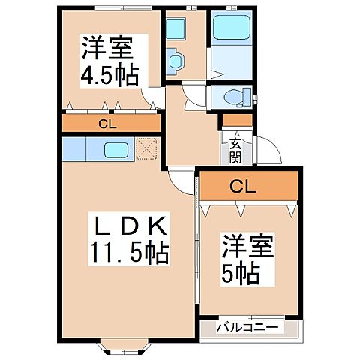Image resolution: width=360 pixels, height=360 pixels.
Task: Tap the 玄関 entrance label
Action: (235, 151)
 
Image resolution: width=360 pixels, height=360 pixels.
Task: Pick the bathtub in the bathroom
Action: (232, 29)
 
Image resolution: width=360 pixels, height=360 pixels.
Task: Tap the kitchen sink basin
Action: (116, 149)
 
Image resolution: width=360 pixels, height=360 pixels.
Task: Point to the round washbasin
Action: (175, 59)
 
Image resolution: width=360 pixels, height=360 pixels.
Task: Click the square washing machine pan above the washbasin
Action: (176, 28)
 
